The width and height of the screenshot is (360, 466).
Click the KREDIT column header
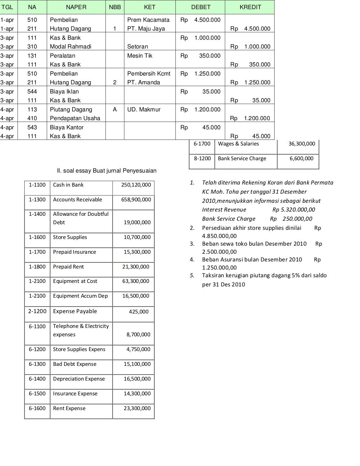tap(250, 7)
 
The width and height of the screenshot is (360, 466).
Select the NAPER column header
tap(76, 7)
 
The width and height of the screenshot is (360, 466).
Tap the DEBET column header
tap(201, 7)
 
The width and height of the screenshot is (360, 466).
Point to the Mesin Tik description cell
tap(140, 56)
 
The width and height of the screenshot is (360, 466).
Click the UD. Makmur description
tap(144, 109)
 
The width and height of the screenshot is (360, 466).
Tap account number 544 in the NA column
tap(32, 91)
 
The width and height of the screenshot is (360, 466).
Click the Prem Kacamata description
tap(148, 20)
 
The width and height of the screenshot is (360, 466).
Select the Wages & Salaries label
tap(238, 144)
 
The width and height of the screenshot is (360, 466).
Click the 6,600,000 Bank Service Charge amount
tap(301, 158)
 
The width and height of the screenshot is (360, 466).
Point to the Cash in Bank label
tap(68, 185)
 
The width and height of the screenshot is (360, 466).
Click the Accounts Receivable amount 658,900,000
tap(136, 200)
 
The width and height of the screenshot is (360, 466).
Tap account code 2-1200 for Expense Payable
tap(37, 311)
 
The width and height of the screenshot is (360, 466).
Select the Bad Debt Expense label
tap(75, 364)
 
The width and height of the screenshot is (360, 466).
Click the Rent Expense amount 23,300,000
tap(137, 408)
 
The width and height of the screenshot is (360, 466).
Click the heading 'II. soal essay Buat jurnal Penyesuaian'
tap(107, 171)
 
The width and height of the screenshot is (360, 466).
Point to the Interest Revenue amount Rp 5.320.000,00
tap(294, 210)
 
